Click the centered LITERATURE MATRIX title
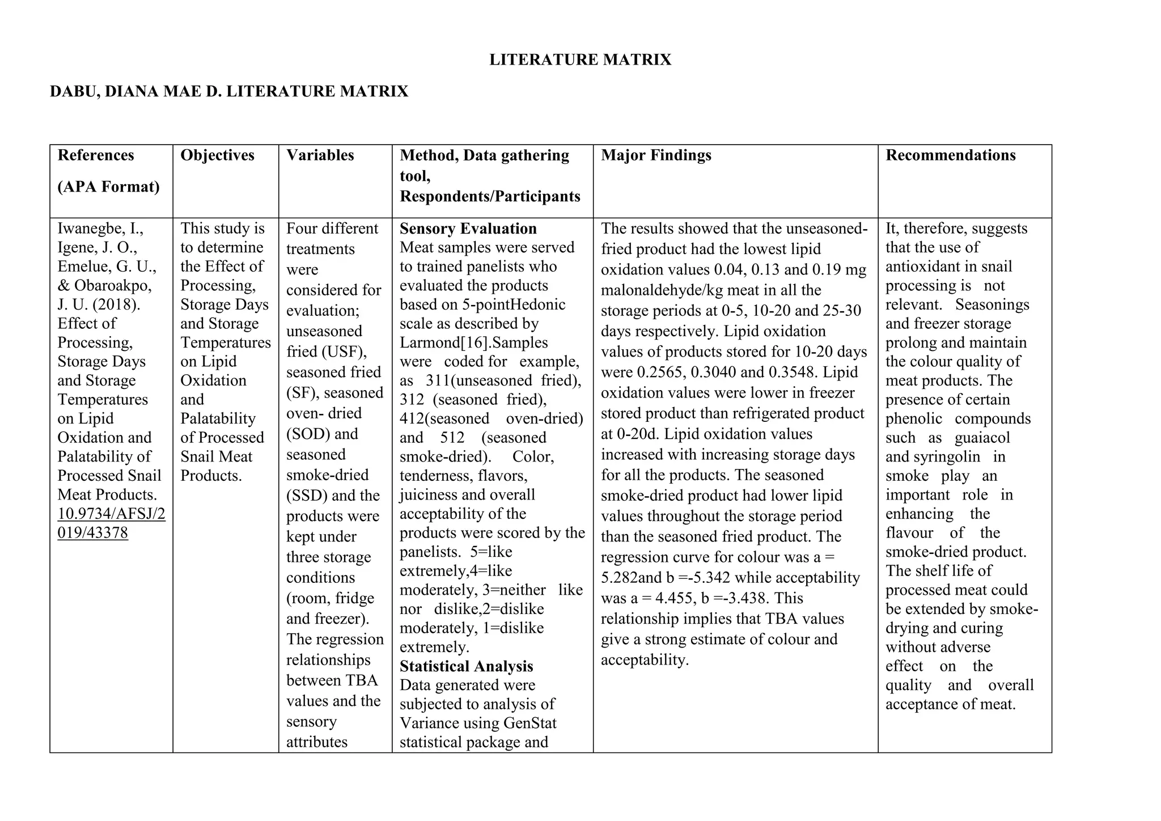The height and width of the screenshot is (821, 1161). [580, 60]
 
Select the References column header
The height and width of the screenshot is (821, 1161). [96, 155]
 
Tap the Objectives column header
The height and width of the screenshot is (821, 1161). [217, 155]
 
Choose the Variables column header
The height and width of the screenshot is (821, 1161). [320, 155]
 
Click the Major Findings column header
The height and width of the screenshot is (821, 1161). [656, 155]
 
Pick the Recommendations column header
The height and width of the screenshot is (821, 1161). [950, 155]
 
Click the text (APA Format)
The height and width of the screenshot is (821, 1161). [108, 187]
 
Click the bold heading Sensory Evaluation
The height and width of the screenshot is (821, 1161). [468, 228]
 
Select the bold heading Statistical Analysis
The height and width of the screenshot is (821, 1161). [466, 666]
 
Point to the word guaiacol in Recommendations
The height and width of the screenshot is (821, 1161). [982, 438]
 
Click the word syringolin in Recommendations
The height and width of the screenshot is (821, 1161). [947, 457]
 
